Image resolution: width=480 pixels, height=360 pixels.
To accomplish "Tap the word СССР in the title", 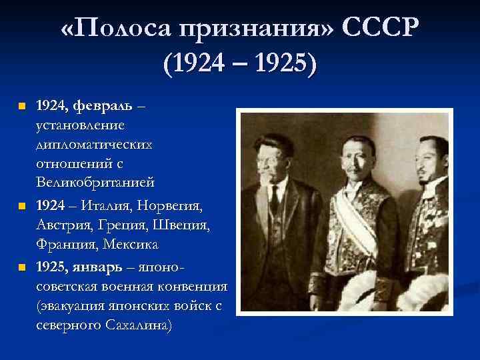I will point(385,29).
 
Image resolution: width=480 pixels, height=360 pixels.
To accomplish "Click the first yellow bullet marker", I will point(21,106).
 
